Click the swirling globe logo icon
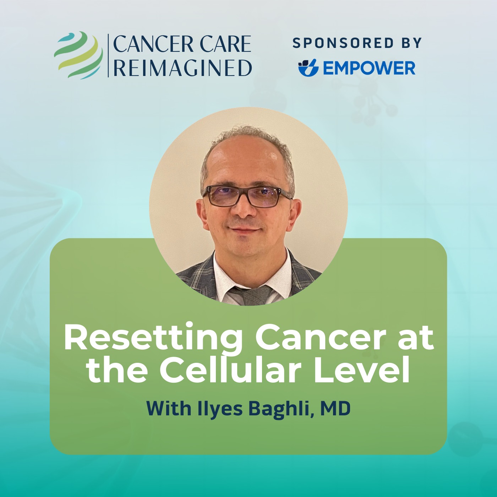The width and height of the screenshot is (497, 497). pyautogui.click(x=78, y=55)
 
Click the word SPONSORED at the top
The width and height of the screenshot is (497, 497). pyautogui.click(x=343, y=43)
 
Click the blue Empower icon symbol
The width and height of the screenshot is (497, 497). pyautogui.click(x=308, y=67)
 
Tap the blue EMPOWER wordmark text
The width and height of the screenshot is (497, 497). pyautogui.click(x=369, y=68)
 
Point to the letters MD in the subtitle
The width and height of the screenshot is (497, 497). pyautogui.click(x=335, y=408)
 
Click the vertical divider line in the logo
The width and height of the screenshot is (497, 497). pyautogui.click(x=108, y=55)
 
